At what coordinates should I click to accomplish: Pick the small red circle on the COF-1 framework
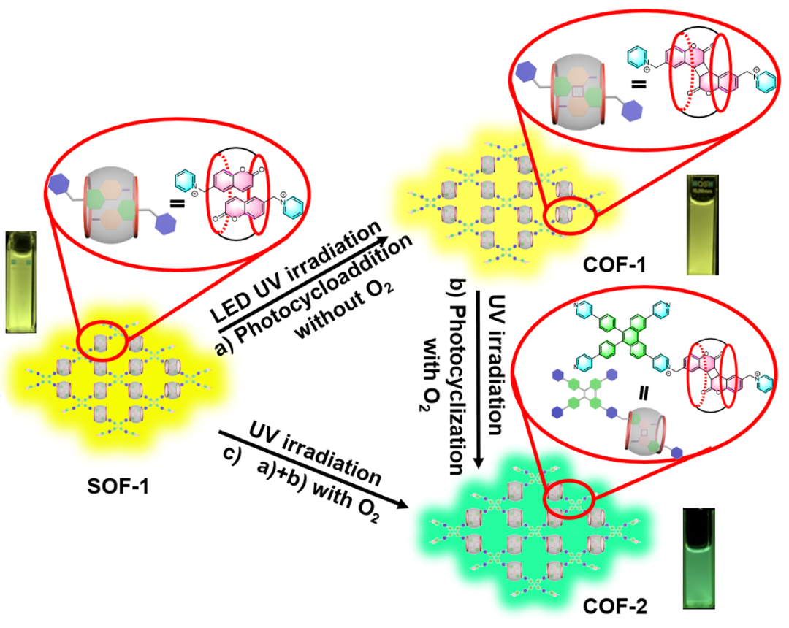click(x=565, y=216)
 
